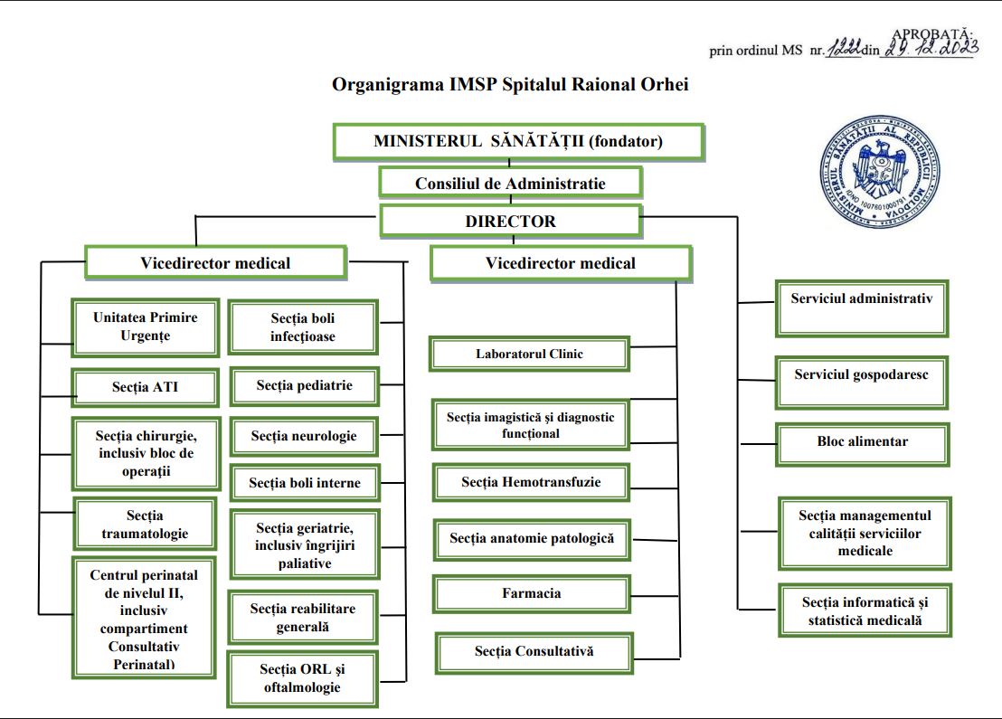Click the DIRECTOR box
[x=510, y=222]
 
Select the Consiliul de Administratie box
[x=510, y=184]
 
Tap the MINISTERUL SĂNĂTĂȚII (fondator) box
[x=518, y=142]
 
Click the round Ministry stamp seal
[x=879, y=173]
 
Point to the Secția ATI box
[x=146, y=388]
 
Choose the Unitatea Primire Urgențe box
[x=145, y=327]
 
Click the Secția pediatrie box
[x=304, y=386]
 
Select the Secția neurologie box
[x=304, y=436]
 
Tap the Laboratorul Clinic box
[x=529, y=354]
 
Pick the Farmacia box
[x=532, y=594]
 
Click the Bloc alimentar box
[x=862, y=443]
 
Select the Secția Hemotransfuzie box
[x=531, y=482]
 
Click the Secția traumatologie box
[x=145, y=525]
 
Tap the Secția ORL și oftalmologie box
[x=302, y=678]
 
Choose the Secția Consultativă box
[x=534, y=651]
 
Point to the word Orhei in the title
[x=667, y=85]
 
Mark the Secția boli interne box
[x=304, y=483]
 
